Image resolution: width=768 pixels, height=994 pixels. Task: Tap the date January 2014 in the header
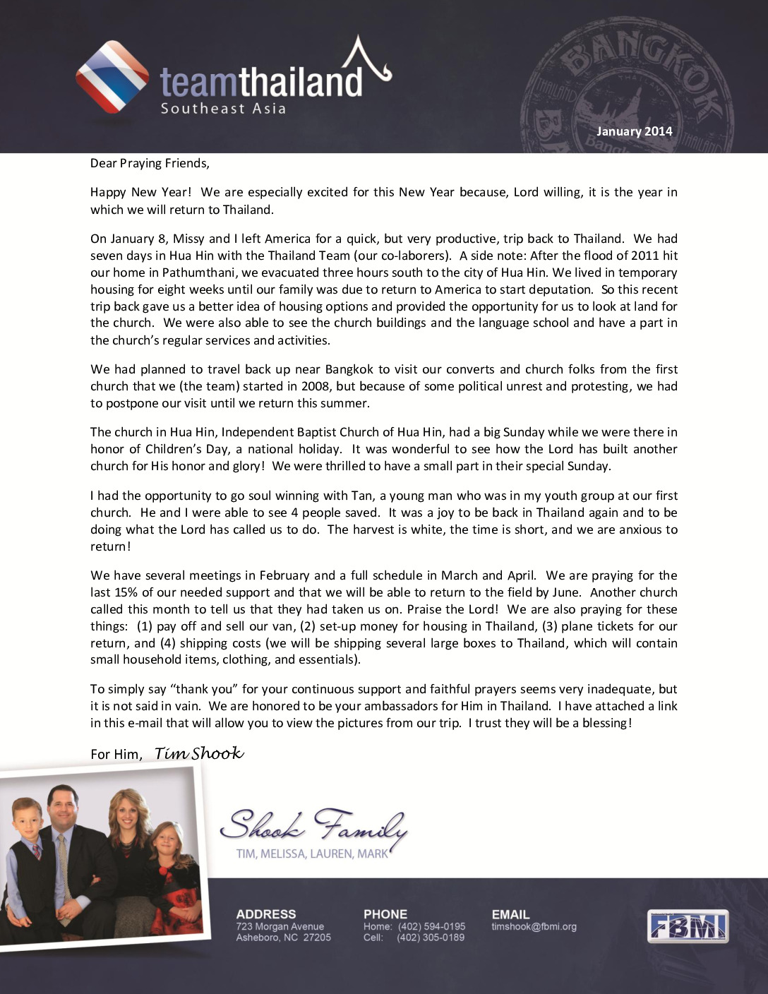click(x=634, y=131)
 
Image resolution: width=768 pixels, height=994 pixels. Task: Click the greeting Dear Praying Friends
click(x=150, y=164)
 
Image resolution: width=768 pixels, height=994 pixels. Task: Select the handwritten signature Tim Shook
click(x=199, y=753)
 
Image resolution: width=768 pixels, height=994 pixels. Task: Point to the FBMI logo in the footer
click(x=688, y=926)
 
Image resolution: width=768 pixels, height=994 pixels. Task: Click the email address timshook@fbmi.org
click(x=534, y=926)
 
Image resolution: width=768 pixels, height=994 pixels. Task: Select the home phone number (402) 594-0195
click(x=431, y=926)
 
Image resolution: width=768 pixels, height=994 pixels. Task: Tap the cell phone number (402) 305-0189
click(x=431, y=938)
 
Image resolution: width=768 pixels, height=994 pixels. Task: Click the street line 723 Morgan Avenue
click(x=280, y=926)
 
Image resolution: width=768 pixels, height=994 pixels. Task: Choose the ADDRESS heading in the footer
click(x=266, y=914)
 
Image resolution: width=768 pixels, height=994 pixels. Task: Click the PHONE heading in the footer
click(x=385, y=914)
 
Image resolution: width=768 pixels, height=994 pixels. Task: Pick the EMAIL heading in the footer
click(x=510, y=914)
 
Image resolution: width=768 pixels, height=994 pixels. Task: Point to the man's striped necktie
click(x=63, y=868)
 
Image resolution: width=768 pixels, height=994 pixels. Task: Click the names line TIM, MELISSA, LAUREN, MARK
click(x=312, y=854)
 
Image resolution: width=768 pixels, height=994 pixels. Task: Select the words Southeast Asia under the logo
click(x=223, y=109)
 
